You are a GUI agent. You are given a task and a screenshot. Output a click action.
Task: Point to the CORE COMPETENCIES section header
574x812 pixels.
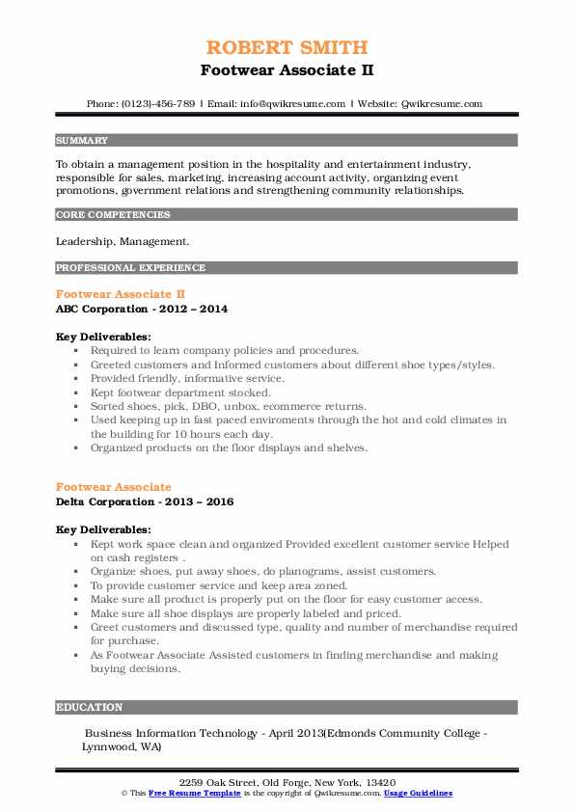point(113,215)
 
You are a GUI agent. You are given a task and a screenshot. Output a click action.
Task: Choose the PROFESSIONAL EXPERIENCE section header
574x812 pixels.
point(130,267)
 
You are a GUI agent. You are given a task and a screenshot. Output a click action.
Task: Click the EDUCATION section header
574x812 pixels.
point(90,707)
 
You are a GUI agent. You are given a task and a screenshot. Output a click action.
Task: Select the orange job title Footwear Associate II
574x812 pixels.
point(121,293)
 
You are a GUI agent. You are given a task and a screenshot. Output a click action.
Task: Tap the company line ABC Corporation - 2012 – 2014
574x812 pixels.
point(142,309)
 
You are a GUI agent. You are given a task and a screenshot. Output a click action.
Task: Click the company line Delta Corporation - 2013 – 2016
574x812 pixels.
point(145,502)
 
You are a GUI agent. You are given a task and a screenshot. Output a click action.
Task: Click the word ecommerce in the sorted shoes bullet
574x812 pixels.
point(280,407)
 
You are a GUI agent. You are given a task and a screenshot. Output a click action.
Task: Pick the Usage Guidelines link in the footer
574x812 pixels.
point(418,793)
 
